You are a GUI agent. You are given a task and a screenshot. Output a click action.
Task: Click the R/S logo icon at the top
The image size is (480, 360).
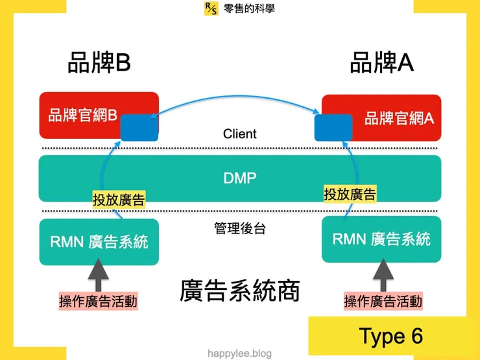pos(211,8)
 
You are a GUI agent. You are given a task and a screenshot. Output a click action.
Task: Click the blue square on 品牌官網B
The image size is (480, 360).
pos(139,127)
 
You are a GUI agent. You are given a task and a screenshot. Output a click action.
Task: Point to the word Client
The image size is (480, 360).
pos(240,134)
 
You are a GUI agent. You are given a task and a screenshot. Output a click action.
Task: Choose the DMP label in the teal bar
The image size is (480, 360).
pos(240,178)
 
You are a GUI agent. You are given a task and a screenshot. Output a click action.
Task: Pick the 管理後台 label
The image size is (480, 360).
pos(240,228)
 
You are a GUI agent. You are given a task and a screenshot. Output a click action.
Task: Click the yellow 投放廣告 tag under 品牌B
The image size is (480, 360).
pos(118,200)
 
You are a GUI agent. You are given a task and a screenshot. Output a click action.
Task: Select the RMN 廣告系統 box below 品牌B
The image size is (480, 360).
pos(99,242)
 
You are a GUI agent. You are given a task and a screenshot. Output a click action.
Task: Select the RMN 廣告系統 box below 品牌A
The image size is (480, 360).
pos(381,239)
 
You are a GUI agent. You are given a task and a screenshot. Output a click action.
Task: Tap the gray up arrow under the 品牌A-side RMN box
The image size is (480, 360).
pos(382,274)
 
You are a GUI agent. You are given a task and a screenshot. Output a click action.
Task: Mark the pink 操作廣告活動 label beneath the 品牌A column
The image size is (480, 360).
pos(383,302)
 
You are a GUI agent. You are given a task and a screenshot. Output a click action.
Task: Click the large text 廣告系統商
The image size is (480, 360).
pos(240,291)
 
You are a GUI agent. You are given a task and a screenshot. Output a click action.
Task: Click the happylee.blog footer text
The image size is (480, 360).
pos(240,354)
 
